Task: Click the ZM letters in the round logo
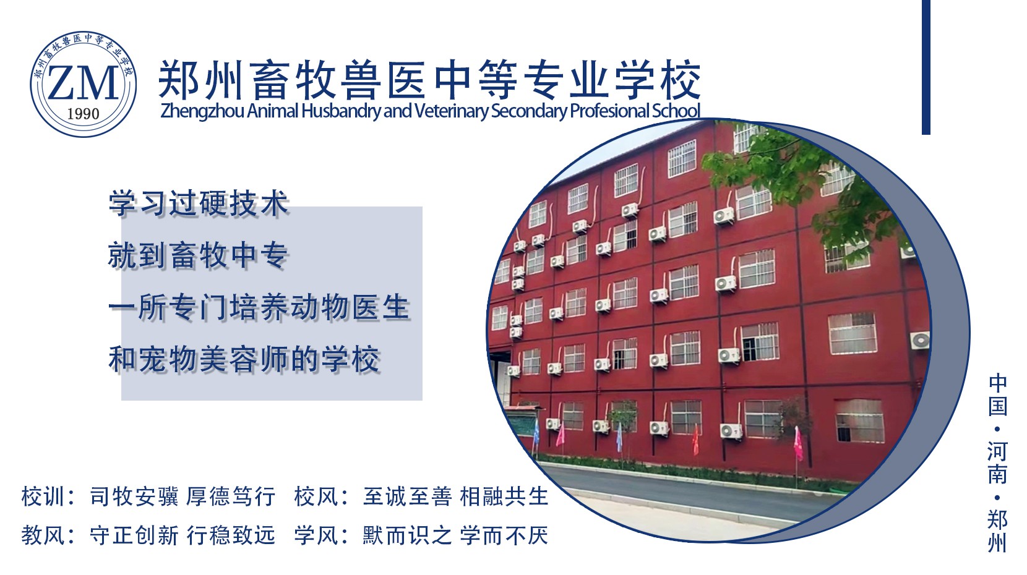point(83,83)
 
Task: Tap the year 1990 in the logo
point(83,114)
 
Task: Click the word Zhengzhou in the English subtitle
point(202,111)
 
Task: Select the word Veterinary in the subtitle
point(451,111)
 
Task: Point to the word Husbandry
point(341,111)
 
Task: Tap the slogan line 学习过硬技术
point(199,203)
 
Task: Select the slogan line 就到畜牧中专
point(199,255)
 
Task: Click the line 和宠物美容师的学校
point(244,359)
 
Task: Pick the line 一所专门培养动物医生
point(259,307)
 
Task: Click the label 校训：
point(49,496)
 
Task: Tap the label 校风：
point(321,496)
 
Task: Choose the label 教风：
point(49,535)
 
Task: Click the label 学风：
point(321,535)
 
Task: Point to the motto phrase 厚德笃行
point(231,496)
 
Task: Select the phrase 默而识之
point(407,535)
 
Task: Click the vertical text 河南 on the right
point(997,462)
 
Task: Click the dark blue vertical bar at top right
point(926,67)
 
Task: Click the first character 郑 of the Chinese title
point(178,80)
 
